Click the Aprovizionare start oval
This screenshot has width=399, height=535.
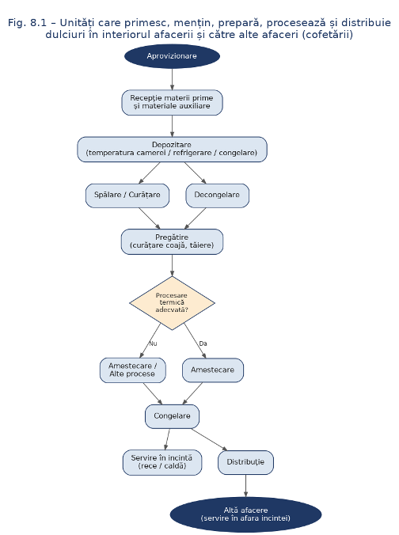(172, 56)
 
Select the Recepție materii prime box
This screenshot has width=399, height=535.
(172, 102)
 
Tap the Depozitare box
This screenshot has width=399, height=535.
(172, 149)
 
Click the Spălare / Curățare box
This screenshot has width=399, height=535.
(127, 195)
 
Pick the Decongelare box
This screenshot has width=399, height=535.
(217, 195)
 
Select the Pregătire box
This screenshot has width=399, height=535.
(172, 241)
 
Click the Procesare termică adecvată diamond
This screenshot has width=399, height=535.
(172, 303)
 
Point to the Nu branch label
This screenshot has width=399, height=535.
(153, 343)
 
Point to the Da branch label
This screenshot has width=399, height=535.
(203, 343)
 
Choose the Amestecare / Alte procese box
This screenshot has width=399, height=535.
(132, 370)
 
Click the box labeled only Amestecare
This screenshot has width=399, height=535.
(213, 370)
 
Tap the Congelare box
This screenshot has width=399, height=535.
(172, 416)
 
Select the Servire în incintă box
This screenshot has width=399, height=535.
(162, 462)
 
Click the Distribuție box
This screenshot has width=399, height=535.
(245, 462)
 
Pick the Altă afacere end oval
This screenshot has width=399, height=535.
(245, 514)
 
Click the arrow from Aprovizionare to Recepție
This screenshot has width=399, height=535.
(172, 79)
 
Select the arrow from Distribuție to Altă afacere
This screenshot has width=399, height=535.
(245, 486)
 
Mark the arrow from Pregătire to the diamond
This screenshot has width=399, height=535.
(172, 265)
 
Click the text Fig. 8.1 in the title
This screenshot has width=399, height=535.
(27, 23)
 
